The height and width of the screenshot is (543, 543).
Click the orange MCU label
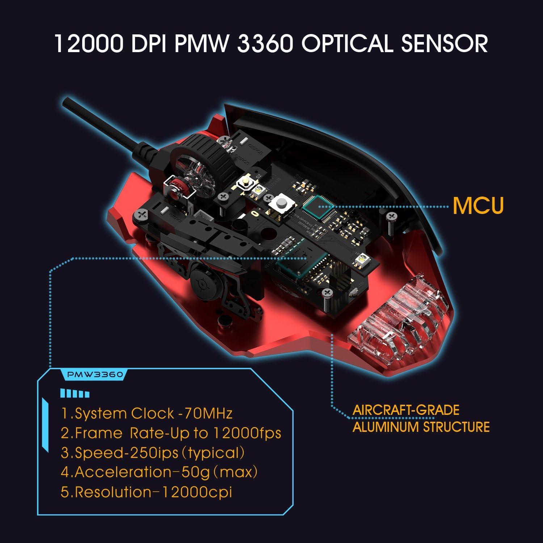478,206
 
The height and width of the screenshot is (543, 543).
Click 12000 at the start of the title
90,43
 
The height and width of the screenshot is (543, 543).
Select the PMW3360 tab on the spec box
95,375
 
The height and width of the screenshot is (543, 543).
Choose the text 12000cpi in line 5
196,492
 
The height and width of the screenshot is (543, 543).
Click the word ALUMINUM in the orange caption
386,427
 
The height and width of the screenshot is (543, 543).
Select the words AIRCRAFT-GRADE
405,410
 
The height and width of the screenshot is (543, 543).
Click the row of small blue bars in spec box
75,394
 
